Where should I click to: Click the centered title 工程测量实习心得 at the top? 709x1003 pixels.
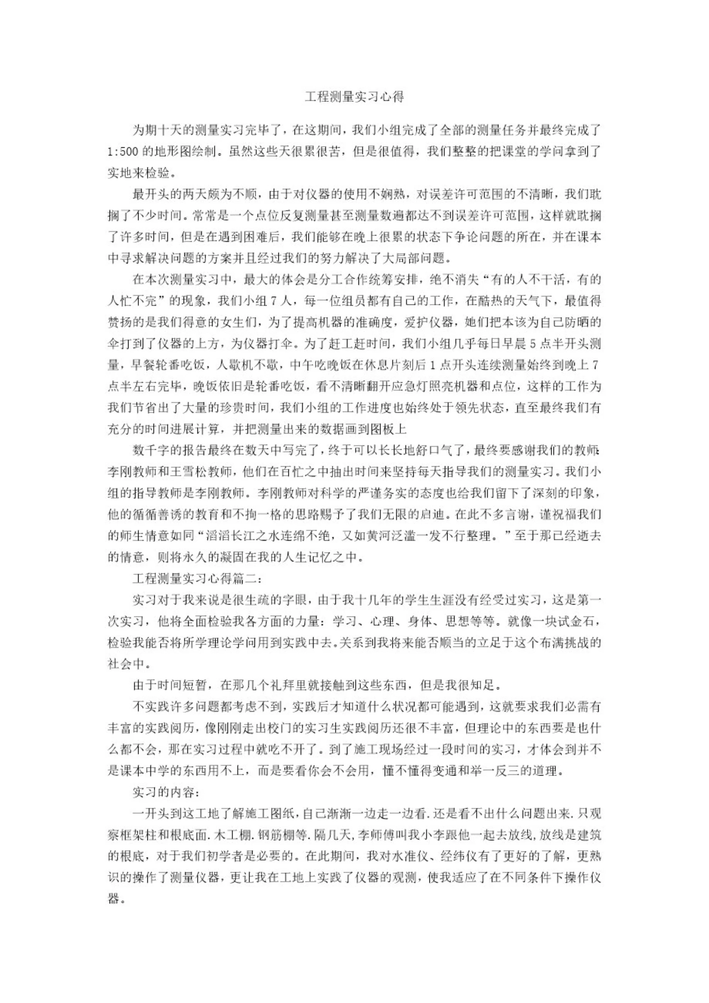coord(354,97)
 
